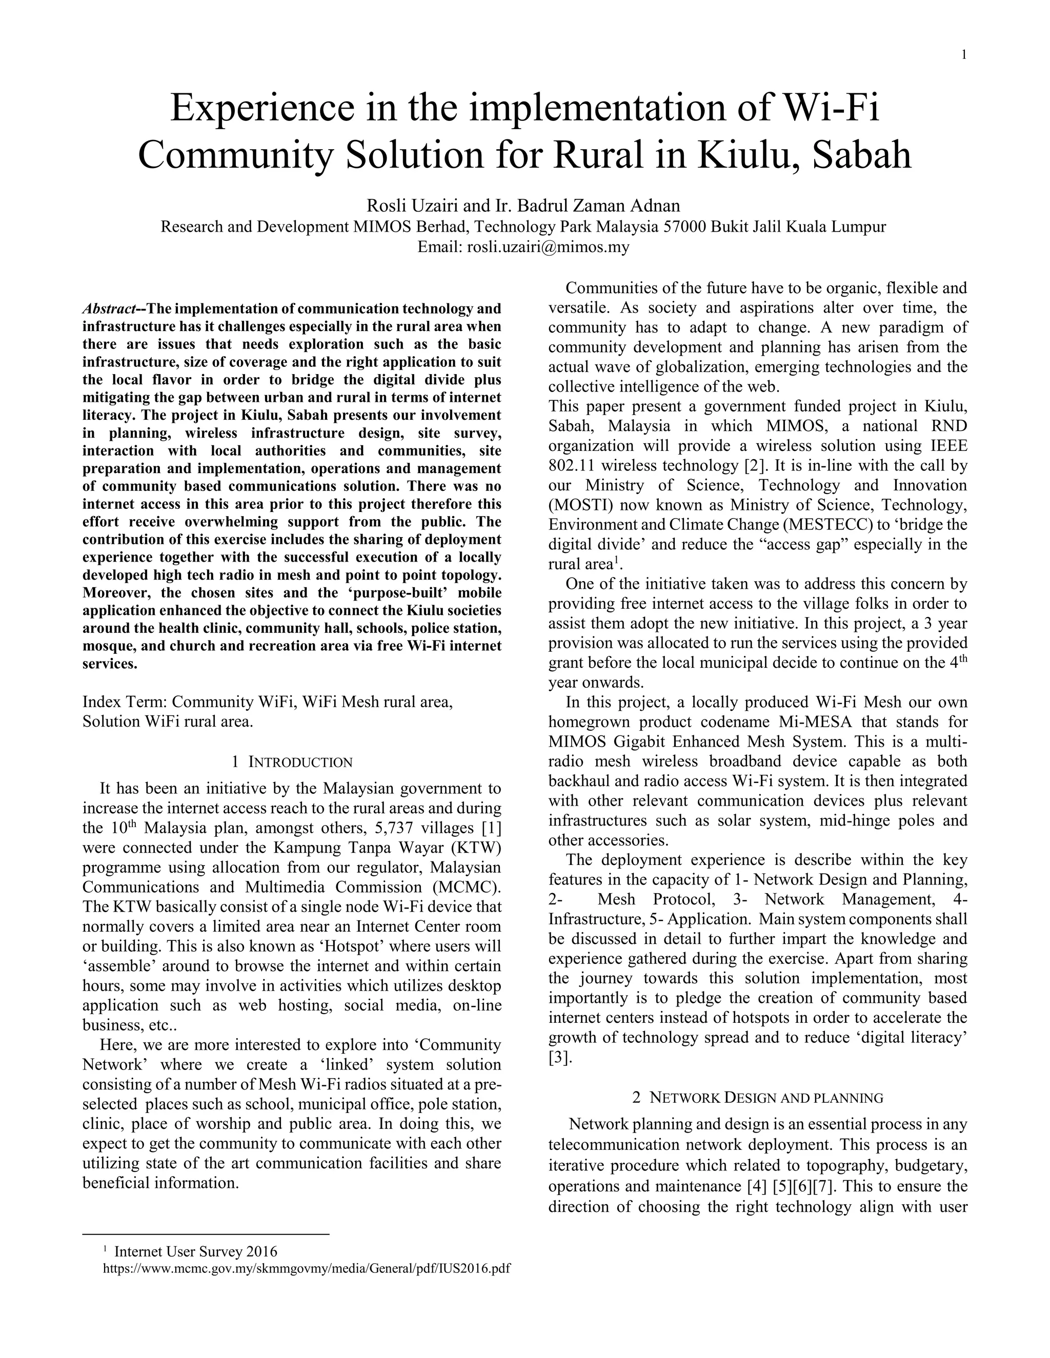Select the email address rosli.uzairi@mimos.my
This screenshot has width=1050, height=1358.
[548, 247]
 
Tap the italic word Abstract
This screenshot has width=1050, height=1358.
[110, 309]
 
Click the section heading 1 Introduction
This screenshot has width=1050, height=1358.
[292, 763]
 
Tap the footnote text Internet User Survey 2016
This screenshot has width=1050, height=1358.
[195, 1252]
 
